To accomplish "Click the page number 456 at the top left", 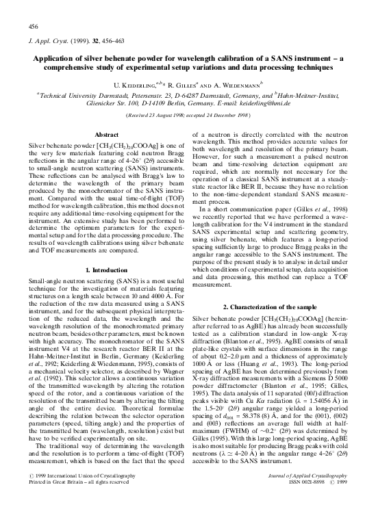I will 32,25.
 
